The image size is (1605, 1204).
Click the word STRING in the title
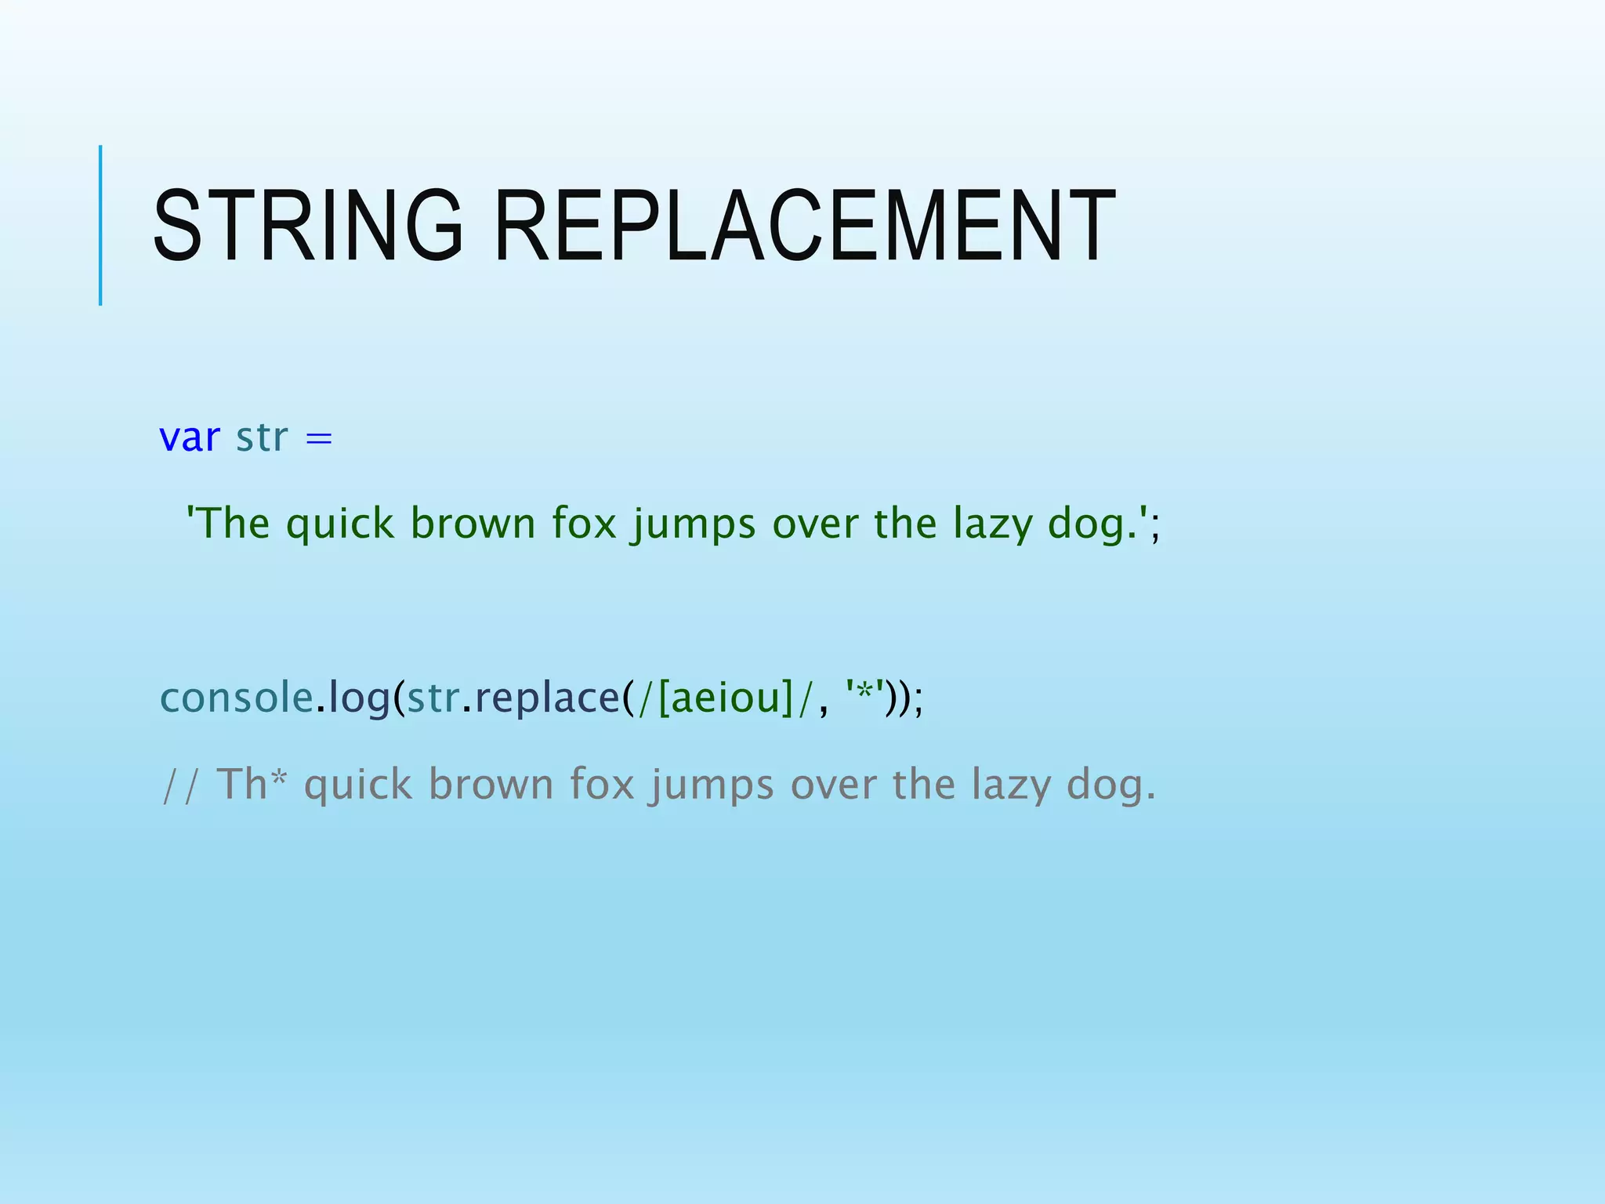[x=307, y=226]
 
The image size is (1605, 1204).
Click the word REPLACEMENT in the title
[x=805, y=226]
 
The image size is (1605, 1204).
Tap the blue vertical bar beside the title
[x=100, y=225]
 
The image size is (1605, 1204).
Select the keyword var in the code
[x=190, y=437]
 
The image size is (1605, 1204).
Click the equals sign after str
[x=319, y=439]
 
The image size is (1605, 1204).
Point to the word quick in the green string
[x=339, y=524]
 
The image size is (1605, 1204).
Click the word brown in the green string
[x=473, y=524]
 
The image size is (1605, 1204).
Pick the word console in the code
[x=236, y=698]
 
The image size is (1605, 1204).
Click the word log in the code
[x=359, y=699]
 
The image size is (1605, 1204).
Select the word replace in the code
[x=547, y=699]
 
